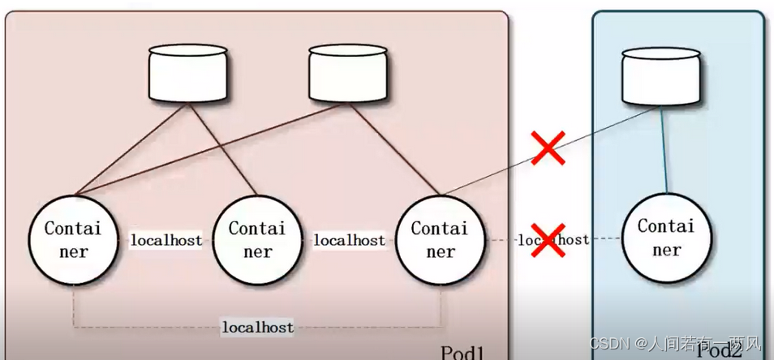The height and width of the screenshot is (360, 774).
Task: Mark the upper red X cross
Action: click(548, 148)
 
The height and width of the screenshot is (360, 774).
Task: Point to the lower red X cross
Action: click(548, 239)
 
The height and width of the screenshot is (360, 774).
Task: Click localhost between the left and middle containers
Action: click(166, 241)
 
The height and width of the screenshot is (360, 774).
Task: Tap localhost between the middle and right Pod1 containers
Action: click(349, 241)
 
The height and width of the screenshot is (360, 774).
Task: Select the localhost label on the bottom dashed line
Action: click(257, 328)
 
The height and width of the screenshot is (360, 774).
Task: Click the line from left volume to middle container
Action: click(223, 150)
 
